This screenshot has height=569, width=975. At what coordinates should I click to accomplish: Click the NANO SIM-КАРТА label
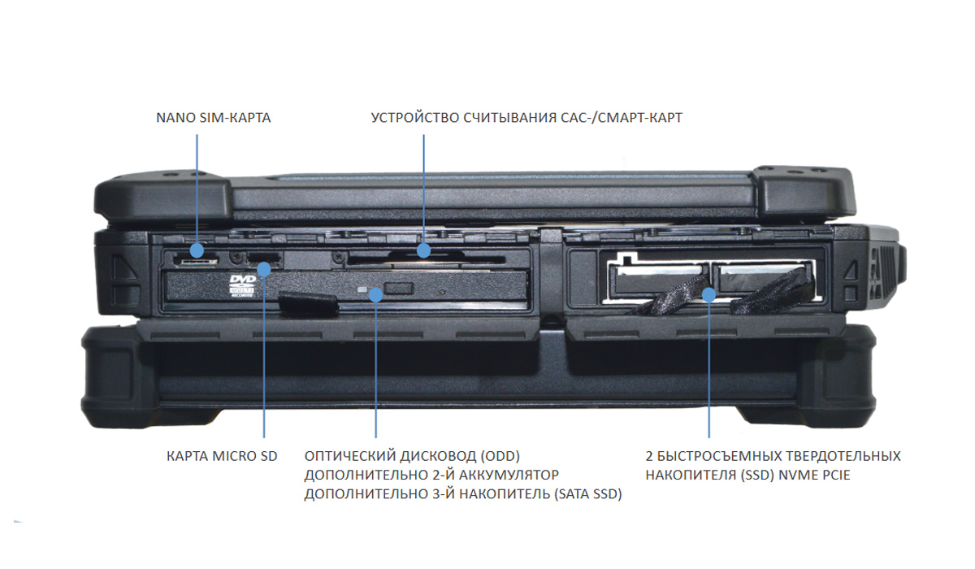point(213,118)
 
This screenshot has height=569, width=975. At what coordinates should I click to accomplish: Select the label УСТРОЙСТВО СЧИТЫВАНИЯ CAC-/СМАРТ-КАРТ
point(526,118)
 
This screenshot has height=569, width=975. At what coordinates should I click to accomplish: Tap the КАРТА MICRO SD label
point(222,456)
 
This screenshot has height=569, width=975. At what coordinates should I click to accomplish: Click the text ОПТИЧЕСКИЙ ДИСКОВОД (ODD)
point(412,455)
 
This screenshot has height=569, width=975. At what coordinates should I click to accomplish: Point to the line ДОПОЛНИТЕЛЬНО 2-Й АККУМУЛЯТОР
point(431,474)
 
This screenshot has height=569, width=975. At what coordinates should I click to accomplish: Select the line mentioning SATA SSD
point(463,493)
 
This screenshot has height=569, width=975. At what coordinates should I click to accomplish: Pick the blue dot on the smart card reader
point(423,250)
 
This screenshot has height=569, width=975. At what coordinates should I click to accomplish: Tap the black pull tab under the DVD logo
point(308,304)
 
